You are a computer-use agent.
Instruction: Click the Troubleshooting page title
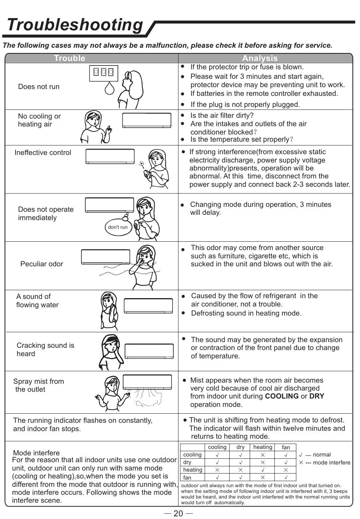click(75, 25)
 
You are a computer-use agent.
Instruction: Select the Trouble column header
click(69, 58)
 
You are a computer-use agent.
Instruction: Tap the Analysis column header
click(260, 58)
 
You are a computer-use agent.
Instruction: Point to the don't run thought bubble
click(118, 227)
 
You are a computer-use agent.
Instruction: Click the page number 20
click(178, 513)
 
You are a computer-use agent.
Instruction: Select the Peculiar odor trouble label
click(42, 264)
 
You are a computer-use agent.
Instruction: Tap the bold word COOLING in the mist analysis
click(282, 396)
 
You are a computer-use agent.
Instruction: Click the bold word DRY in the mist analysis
click(317, 396)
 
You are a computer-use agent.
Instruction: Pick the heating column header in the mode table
click(263, 447)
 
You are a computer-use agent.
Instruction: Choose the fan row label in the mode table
click(187, 478)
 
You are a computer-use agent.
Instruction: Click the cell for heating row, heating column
click(263, 470)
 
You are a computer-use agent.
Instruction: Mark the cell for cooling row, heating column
click(263, 455)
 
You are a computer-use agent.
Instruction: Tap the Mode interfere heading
click(36, 453)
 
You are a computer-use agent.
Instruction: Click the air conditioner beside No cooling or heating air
click(147, 120)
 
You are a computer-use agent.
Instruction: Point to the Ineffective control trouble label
click(43, 153)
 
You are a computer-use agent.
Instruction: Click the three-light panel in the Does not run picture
click(103, 72)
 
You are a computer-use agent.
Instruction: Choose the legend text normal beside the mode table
click(322, 455)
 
